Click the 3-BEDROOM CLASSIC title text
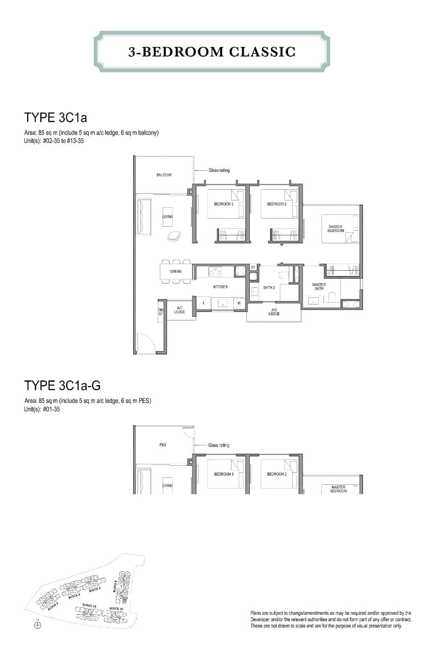pos(212,52)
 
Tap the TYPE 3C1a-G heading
pos(62,386)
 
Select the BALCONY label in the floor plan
pos(164,175)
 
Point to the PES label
pos(163,445)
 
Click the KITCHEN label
pos(220,287)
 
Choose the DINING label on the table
pos(176,271)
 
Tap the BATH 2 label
pos(269,288)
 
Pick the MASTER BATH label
pos(319,287)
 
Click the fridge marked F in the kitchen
pos(204,303)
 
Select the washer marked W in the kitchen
pos(239,303)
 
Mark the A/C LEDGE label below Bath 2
pos(274,312)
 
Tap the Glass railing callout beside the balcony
pos(219,170)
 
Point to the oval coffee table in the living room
pos(174,236)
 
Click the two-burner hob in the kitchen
pos(215,271)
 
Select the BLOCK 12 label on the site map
pos(88,605)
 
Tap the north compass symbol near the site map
pos(38,625)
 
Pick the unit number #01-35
pos(51,410)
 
